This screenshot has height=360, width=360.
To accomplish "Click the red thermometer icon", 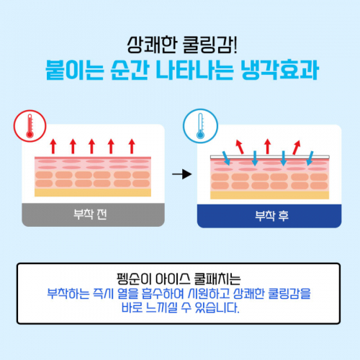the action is pyautogui.click(x=30, y=126).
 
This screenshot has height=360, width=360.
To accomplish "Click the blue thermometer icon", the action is pyautogui.click(x=200, y=126).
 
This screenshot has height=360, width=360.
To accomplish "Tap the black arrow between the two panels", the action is pyautogui.click(x=182, y=174).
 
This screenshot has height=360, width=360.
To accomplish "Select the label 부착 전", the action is pyautogui.click(x=90, y=215).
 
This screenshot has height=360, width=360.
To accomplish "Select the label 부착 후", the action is pyautogui.click(x=271, y=215).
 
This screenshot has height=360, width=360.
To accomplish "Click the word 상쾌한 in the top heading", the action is pyautogui.click(x=152, y=45).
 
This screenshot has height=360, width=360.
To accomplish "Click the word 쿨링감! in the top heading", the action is pyautogui.click(x=210, y=45).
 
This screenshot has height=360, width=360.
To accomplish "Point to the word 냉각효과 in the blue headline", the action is pyautogui.click(x=280, y=70).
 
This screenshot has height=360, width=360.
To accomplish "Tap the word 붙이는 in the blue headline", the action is pyautogui.click(x=75, y=70).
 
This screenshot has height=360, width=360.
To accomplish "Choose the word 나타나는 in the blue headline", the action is pyautogui.click(x=194, y=70).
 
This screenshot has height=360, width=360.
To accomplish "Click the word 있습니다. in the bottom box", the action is pyautogui.click(x=217, y=307).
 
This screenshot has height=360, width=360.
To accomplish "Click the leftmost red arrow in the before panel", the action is pyautogui.click(x=53, y=146).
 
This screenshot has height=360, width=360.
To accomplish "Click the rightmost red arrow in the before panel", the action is pyautogui.click(x=132, y=146).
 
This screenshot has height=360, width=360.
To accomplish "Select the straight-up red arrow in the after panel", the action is pyautogui.click(x=268, y=146).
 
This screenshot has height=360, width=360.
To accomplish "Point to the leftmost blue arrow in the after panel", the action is pyautogui.click(x=226, y=158).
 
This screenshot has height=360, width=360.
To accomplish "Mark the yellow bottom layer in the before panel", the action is pyautogui.click(x=93, y=192).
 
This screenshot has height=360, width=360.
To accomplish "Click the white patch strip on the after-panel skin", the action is pyautogui.click(x=270, y=157).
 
